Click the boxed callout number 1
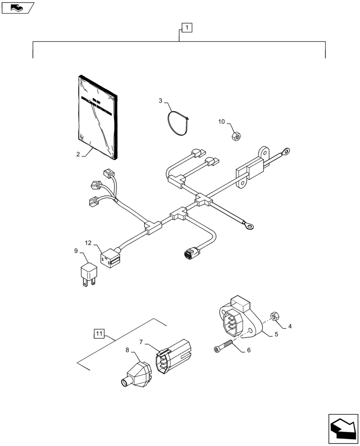(187, 28)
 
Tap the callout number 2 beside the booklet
(78, 154)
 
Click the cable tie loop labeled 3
(177, 123)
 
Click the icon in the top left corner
(17, 7)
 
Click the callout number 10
(221, 121)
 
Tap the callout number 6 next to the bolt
(248, 350)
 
